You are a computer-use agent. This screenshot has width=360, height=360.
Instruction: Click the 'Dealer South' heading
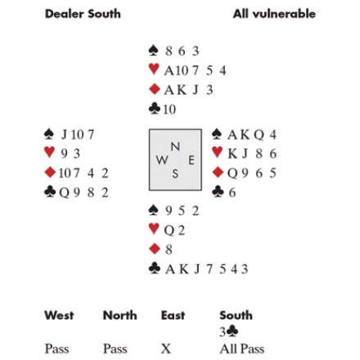pyautogui.click(x=83, y=14)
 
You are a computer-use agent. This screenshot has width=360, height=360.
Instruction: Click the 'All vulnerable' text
pyautogui.click(x=274, y=14)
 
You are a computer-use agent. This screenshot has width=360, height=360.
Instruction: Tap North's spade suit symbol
pyautogui.click(x=153, y=51)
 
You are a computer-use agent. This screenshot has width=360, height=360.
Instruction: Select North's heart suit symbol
pyautogui.click(x=154, y=70)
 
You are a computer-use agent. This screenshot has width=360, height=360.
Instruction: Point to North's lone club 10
pyautogui.click(x=169, y=110)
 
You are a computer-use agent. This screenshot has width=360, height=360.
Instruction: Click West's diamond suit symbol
pyautogui.click(x=50, y=173)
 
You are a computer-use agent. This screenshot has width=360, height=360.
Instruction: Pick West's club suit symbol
pyautogui.click(x=50, y=192)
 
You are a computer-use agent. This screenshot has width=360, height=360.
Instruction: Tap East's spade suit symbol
pyautogui.click(x=217, y=134)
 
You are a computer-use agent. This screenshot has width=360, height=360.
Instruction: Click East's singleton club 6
pyautogui.click(x=232, y=192)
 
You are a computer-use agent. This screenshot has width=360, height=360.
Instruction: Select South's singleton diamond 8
pyautogui.click(x=169, y=250)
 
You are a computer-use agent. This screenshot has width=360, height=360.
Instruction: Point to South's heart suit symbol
pyautogui.click(x=154, y=229)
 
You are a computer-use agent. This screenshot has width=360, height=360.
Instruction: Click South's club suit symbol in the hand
pyautogui.click(x=155, y=268)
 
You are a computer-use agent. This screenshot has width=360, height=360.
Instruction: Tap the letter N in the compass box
pyautogui.click(x=175, y=146)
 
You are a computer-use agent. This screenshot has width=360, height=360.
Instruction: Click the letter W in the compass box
pyautogui.click(x=162, y=160)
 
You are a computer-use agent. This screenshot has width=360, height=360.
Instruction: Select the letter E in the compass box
pyautogui.click(x=191, y=160)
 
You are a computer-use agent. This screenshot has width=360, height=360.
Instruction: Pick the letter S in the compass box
pyautogui.click(x=175, y=173)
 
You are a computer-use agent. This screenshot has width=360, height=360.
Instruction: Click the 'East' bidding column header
pyautogui.click(x=173, y=315)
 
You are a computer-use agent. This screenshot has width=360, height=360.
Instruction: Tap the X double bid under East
pyautogui.click(x=166, y=349)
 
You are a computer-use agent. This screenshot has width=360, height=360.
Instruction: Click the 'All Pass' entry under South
pyautogui.click(x=242, y=349)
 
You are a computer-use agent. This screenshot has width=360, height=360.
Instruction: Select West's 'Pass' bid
pyautogui.click(x=56, y=349)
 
